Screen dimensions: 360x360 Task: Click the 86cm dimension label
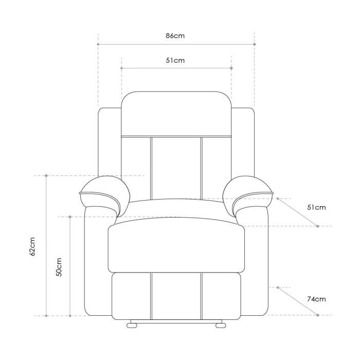pyautogui.click(x=175, y=36)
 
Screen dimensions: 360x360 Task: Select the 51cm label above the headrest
pyautogui.click(x=175, y=60)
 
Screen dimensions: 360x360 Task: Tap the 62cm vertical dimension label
pyautogui.click(x=32, y=246)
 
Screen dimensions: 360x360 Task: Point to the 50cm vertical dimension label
pyautogui.click(x=59, y=267)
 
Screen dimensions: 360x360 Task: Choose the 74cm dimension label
pyautogui.click(x=316, y=299)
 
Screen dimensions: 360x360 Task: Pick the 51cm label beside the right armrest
pyautogui.click(x=316, y=208)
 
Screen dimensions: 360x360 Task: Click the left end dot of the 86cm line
pyautogui.click(x=98, y=44)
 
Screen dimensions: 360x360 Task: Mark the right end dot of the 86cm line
pyautogui.click(x=255, y=44)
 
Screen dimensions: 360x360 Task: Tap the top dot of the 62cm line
pyautogui.click(x=46, y=176)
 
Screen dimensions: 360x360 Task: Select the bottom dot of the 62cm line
pyautogui.click(x=46, y=315)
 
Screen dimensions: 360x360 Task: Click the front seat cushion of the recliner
pyautogui.click(x=176, y=247)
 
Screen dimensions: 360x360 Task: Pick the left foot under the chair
pyautogui.click(x=134, y=325)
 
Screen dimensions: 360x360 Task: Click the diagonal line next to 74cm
pyautogui.click(x=297, y=301)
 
